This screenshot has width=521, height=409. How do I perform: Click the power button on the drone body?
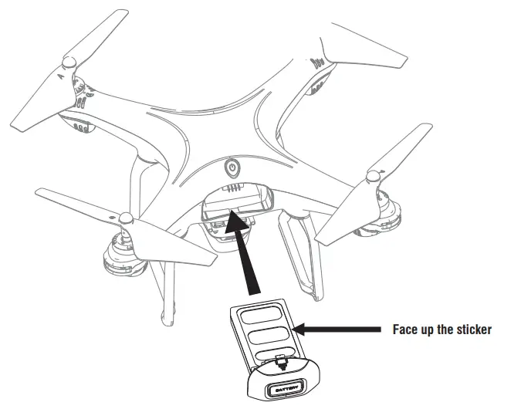coord(233,167)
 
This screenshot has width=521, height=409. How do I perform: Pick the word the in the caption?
coord(448,330)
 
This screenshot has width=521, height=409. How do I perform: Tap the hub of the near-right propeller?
coord(377,177)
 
